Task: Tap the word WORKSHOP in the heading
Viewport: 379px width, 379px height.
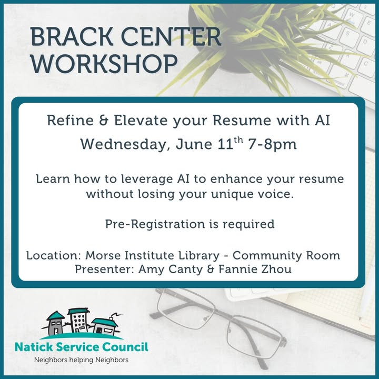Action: click(x=104, y=64)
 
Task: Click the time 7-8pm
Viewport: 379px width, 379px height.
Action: click(x=273, y=145)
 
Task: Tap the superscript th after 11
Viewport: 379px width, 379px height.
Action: click(x=238, y=140)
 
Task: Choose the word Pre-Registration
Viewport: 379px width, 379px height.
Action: click(x=155, y=224)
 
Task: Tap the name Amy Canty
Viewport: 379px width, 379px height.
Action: click(x=171, y=270)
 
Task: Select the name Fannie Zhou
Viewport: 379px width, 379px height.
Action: click(x=255, y=270)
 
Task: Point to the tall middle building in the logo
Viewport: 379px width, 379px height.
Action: click(x=78, y=320)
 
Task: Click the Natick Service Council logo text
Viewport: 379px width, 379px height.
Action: click(x=82, y=347)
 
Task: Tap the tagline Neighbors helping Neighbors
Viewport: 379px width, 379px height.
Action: click(x=81, y=360)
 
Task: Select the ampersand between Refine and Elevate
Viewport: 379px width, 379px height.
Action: click(x=104, y=121)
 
